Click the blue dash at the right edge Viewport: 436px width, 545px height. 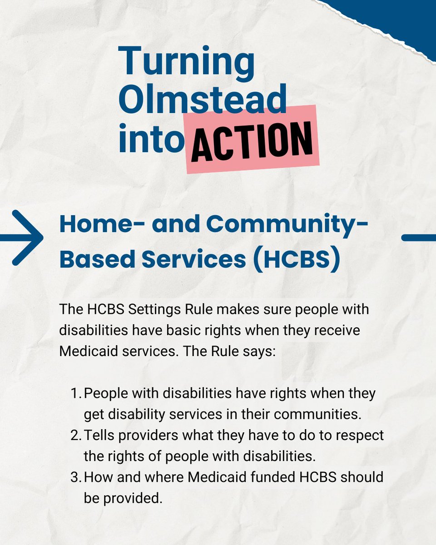click(x=419, y=238)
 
